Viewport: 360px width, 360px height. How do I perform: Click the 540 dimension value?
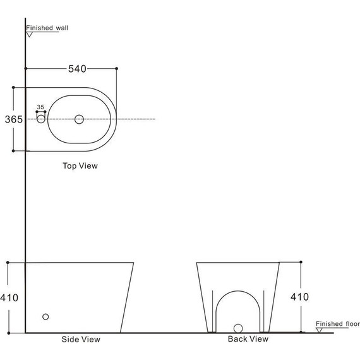(x=77, y=69)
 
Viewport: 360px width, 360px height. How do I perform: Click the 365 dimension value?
(x=14, y=119)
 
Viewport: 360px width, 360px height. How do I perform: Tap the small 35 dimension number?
(x=40, y=107)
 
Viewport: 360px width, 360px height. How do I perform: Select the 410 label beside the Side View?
(x=9, y=297)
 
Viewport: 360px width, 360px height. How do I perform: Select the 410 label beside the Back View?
(x=299, y=297)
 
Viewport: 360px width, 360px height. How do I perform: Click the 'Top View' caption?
(x=80, y=165)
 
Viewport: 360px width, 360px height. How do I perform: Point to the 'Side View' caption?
(x=81, y=339)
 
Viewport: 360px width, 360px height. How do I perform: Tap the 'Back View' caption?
(x=248, y=339)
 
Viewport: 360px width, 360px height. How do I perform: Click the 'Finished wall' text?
(x=47, y=28)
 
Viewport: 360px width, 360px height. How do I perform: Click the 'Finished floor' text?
(x=338, y=324)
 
